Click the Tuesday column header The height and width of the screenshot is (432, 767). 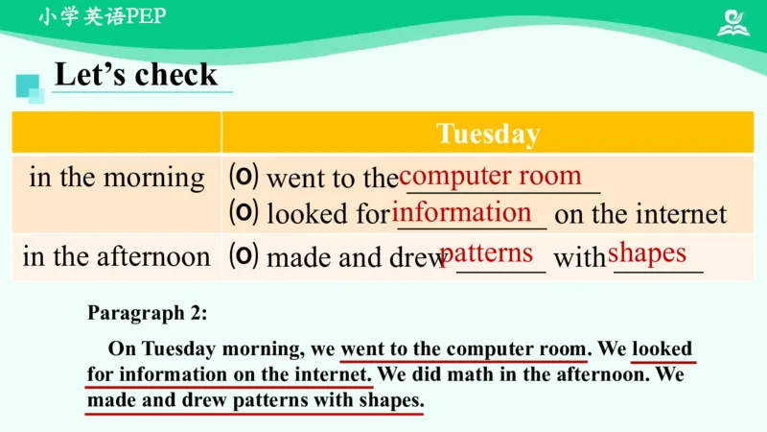click(x=487, y=132)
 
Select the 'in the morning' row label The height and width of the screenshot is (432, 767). click(x=117, y=178)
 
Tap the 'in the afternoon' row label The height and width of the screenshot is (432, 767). click(x=117, y=256)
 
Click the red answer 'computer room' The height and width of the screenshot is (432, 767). click(x=490, y=176)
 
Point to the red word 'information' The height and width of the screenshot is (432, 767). click(x=462, y=212)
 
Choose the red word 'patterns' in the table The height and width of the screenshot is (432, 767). click(x=486, y=253)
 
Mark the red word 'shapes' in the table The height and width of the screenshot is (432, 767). click(x=647, y=252)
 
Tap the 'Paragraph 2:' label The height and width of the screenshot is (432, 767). click(x=148, y=312)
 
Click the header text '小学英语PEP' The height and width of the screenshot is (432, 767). click(x=103, y=18)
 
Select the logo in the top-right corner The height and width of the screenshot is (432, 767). click(x=734, y=22)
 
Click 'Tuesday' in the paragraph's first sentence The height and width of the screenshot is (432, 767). click(x=175, y=348)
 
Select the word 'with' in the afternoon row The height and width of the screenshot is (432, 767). click(x=580, y=257)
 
